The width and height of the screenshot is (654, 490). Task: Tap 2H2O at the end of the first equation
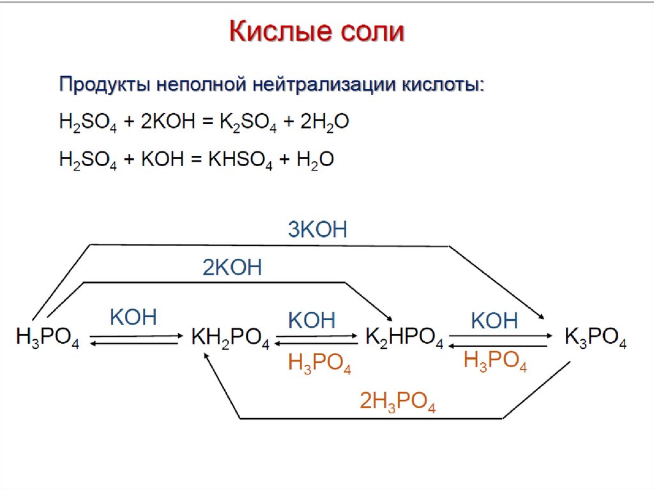tap(323, 123)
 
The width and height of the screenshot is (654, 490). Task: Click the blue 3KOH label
tap(317, 229)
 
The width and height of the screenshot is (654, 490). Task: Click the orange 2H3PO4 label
tap(397, 402)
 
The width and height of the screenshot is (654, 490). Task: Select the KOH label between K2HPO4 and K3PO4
tap(494, 320)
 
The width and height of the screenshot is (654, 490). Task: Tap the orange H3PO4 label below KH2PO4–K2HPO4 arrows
tap(319, 364)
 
